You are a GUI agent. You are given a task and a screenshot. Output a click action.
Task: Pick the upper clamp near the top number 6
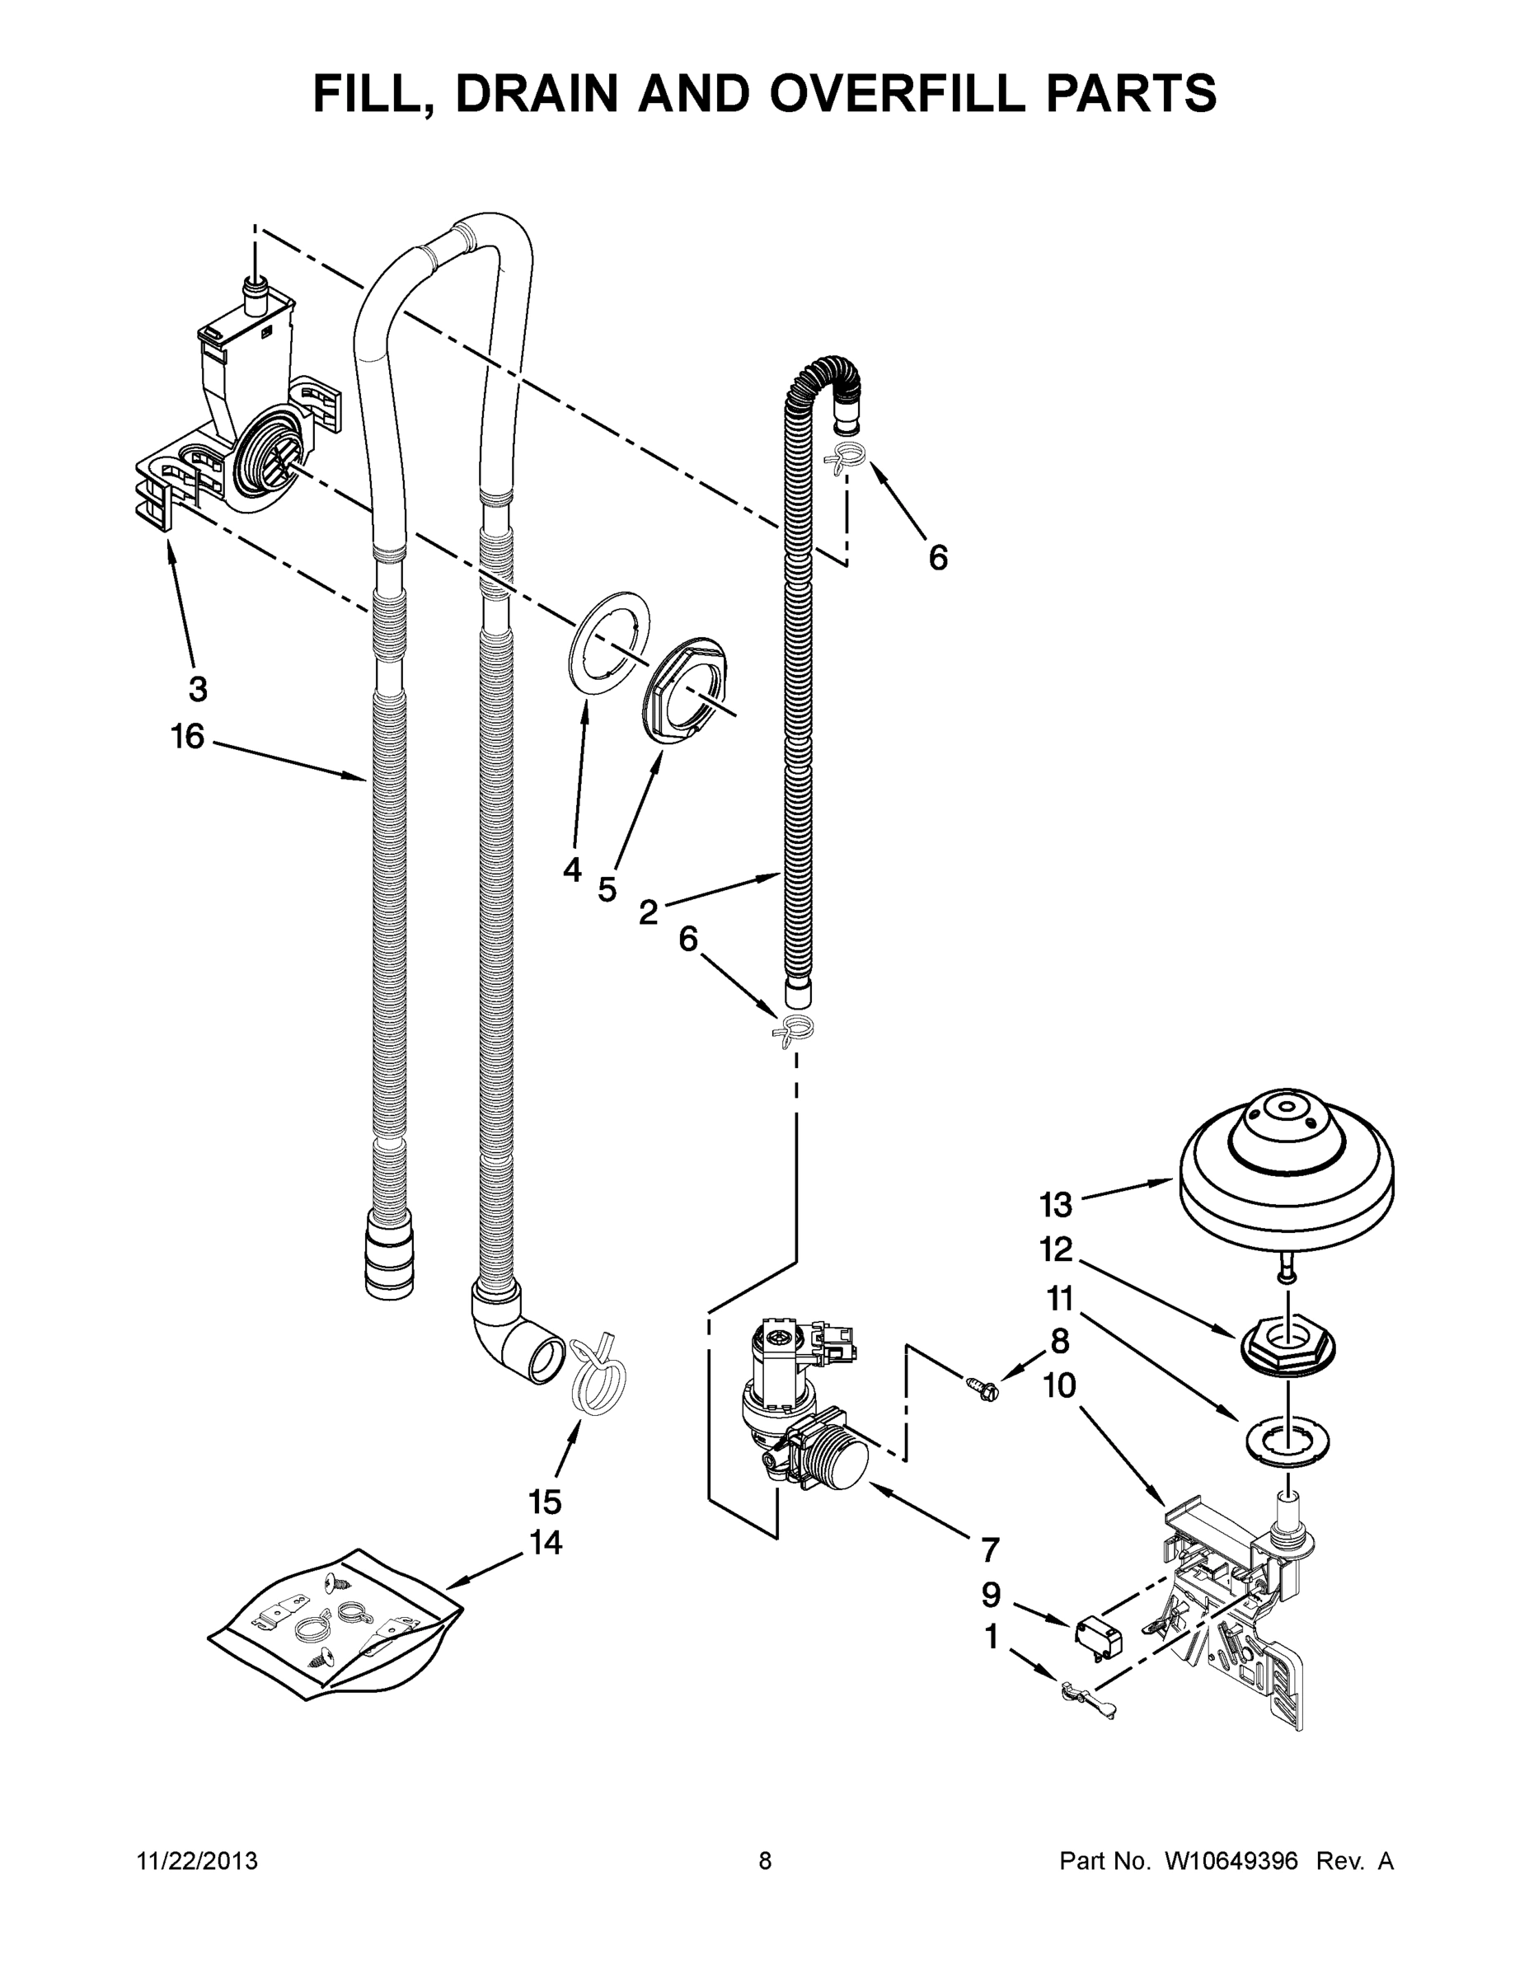[x=846, y=458]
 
